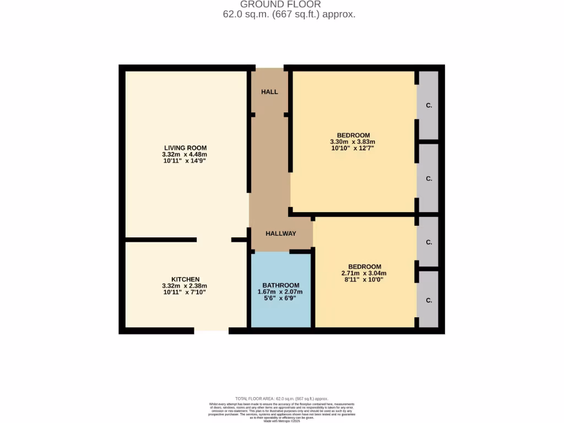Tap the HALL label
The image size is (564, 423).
click(269, 92)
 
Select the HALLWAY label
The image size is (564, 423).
click(281, 234)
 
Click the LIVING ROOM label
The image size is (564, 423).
click(185, 148)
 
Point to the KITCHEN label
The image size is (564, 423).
click(185, 279)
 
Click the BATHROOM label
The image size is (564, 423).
click(281, 285)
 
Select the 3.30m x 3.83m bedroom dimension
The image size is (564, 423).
click(353, 142)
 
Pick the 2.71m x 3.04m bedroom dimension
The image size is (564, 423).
click(364, 273)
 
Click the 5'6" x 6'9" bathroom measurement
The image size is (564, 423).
click(281, 299)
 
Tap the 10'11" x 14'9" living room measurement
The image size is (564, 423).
click(185, 161)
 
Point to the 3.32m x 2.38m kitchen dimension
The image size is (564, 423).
click(185, 286)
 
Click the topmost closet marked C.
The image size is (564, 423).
click(428, 105)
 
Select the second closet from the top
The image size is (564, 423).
click(428, 178)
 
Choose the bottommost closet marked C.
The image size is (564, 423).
click(428, 300)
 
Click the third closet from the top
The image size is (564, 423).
click(428, 242)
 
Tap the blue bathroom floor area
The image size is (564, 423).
click(281, 314)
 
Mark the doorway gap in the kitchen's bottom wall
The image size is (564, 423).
click(211, 330)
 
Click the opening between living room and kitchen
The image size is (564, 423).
click(214, 240)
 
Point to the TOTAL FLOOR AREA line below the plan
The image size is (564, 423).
click(281, 399)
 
